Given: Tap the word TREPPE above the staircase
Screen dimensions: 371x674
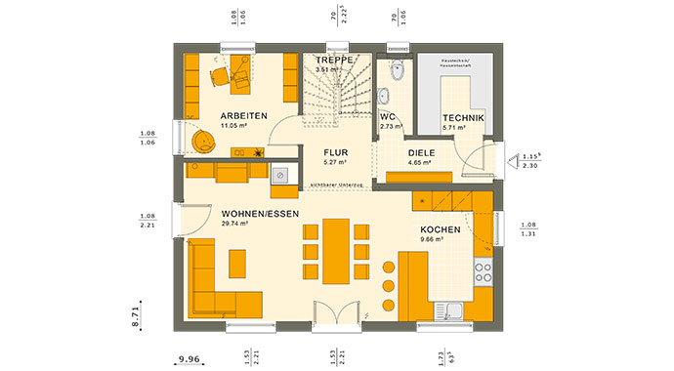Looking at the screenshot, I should [x=334, y=60].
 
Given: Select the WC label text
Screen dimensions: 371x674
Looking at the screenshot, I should [x=388, y=116].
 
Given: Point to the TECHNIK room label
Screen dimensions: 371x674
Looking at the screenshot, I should [x=461, y=117].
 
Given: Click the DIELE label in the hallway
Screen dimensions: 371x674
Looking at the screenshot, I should [x=421, y=153].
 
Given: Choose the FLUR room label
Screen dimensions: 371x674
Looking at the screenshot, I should [x=336, y=152].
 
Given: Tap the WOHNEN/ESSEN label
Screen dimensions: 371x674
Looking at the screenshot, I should [x=260, y=213].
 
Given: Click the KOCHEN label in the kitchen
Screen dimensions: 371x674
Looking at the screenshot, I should [x=440, y=229].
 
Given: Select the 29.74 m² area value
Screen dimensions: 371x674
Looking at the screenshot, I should [x=235, y=224].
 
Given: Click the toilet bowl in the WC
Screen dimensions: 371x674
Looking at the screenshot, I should [x=397, y=72].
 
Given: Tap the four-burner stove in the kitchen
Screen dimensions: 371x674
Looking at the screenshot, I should [x=483, y=269].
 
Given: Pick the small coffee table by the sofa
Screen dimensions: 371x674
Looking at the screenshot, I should [x=237, y=263].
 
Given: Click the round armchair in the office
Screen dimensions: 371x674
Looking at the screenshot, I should [x=203, y=143].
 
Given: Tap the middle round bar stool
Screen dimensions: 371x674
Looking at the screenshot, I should [x=386, y=285].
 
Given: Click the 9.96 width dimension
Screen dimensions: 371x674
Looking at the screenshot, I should [x=190, y=357].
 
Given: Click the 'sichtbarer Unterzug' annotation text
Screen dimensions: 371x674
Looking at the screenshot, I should [x=337, y=184].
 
